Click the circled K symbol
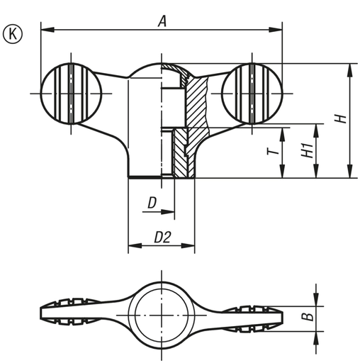click(x=13, y=32)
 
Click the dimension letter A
click(x=162, y=21)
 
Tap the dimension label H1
click(x=306, y=150)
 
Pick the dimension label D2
click(x=162, y=239)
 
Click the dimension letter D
click(x=152, y=203)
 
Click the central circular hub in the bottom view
click(x=162, y=311)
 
